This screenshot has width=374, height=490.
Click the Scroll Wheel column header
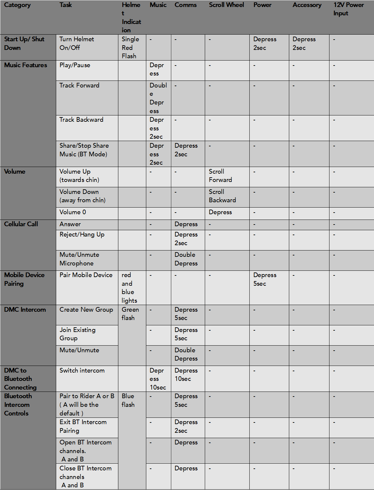pos(226,5)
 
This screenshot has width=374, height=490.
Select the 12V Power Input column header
pos(348,9)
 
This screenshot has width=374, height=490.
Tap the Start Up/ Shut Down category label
pos(24,43)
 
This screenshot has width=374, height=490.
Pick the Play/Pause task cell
pos(75,65)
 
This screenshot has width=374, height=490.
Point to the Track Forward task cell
pos(79,85)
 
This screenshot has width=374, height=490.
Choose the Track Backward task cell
pos(81,120)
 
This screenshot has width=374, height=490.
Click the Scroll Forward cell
pos(220,176)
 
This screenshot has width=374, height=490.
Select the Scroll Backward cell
pos(222,196)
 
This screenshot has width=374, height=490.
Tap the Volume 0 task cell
pos(72,212)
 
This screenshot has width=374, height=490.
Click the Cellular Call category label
pos(21,224)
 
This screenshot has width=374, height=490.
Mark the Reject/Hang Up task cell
pos(82,235)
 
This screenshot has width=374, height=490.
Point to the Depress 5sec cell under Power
pos(265,279)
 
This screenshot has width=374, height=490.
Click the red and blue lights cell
pos(129,288)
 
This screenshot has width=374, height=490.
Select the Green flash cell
pos(130,314)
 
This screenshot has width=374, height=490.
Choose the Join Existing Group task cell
pos(77,334)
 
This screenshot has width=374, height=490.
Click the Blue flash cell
pos(128,401)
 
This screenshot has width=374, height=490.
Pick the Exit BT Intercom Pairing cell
pos(83,426)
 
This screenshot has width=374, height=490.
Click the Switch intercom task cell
pos(82,371)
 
